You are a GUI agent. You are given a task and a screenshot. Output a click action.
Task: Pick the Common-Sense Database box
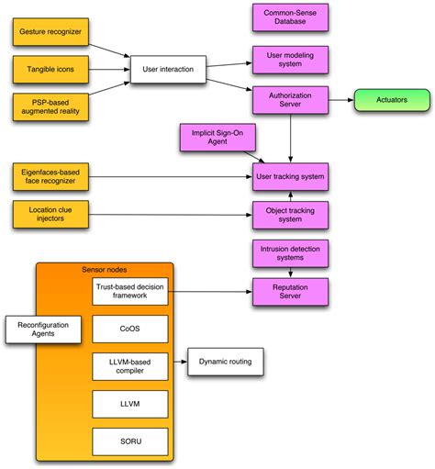click(291, 17)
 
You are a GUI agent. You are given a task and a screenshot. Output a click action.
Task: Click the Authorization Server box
click(291, 100)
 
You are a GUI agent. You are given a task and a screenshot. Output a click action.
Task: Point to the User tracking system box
click(291, 174)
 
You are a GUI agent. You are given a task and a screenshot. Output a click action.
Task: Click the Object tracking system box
click(291, 213)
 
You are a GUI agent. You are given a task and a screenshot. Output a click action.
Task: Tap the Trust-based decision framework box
click(129, 293)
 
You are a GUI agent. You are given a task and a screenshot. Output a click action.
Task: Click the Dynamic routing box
click(226, 362)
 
